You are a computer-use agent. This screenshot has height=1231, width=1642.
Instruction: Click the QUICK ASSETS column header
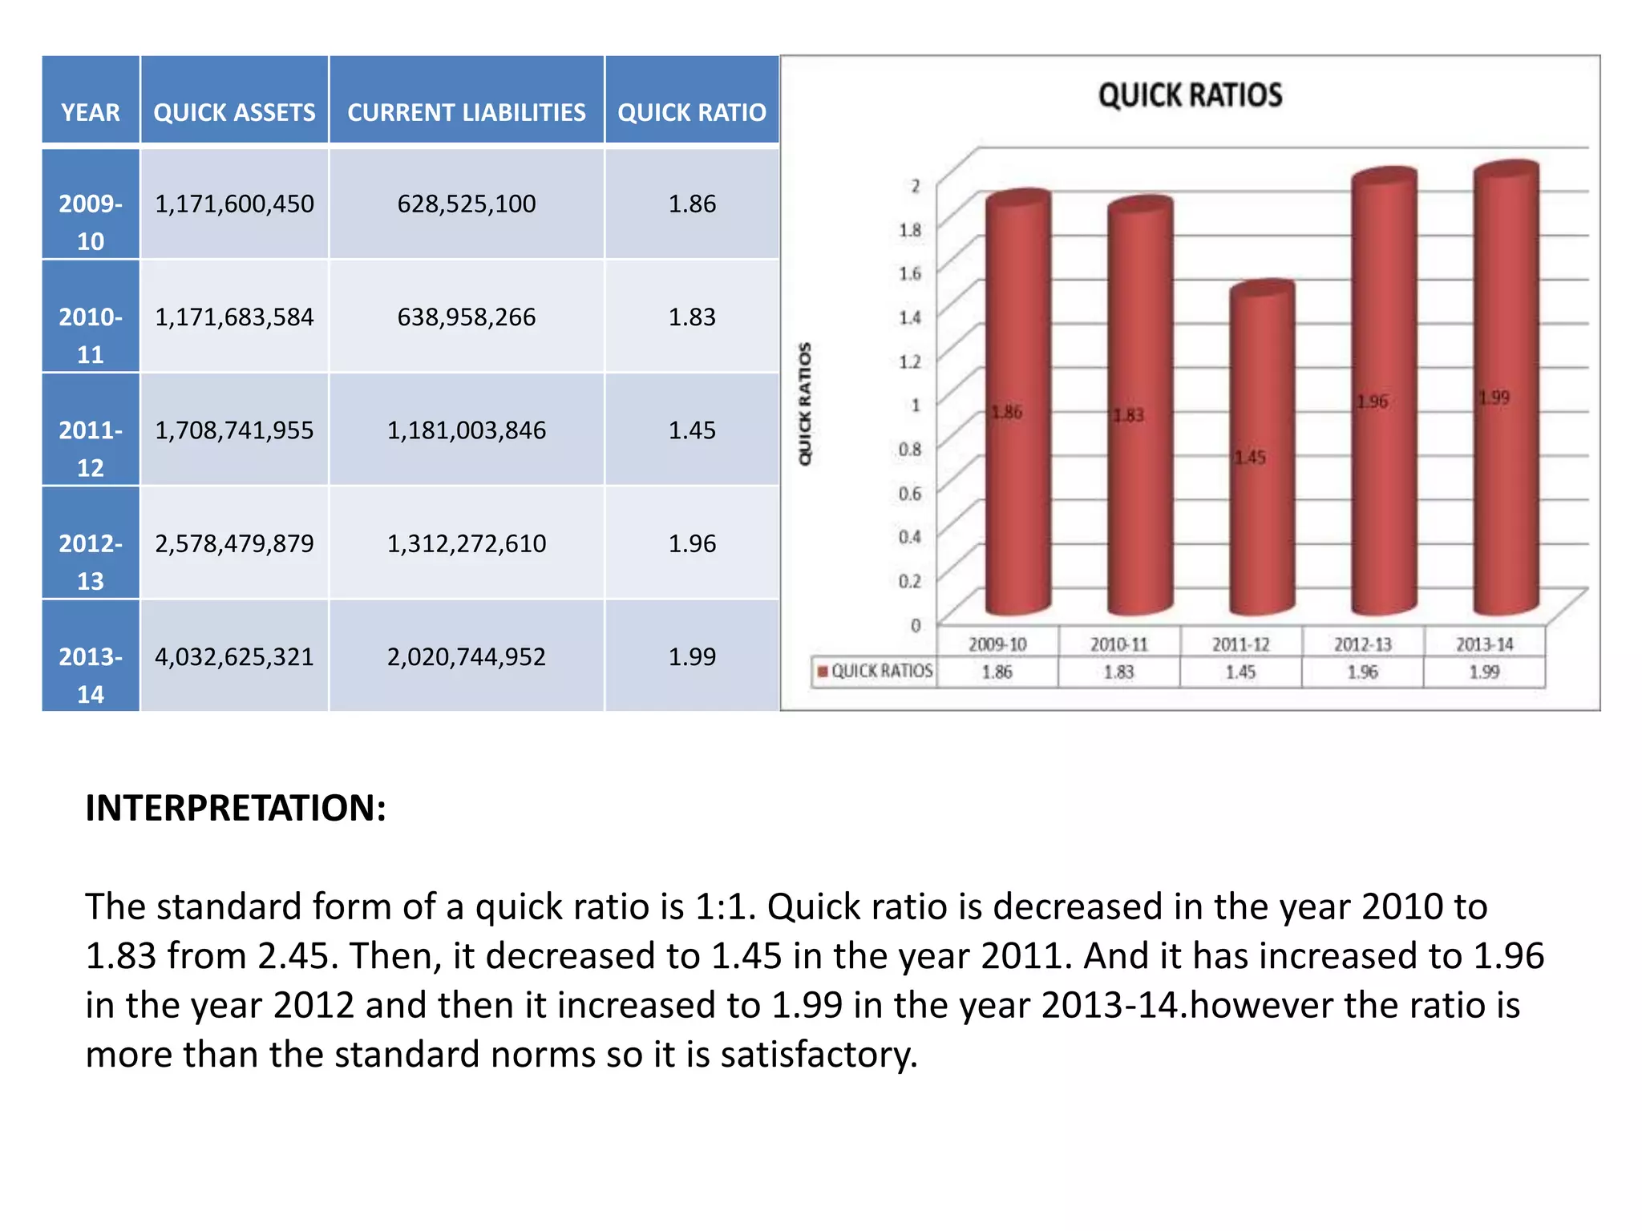pyautogui.click(x=234, y=112)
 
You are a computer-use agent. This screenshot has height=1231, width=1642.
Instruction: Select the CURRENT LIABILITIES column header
pyautogui.click(x=466, y=112)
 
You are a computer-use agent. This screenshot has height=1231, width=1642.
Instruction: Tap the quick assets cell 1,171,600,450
pyautogui.click(x=234, y=204)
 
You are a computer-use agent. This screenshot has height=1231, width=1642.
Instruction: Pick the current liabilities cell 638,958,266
pyautogui.click(x=466, y=317)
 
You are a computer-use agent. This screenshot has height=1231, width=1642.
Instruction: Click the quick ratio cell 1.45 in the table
pyautogui.click(x=692, y=430)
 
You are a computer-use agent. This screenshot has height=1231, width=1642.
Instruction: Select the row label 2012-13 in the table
pyautogui.click(x=91, y=561)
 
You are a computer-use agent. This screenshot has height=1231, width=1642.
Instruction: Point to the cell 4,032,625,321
pyautogui.click(x=234, y=657)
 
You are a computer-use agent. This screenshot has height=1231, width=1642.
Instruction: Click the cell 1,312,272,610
pyautogui.click(x=466, y=543)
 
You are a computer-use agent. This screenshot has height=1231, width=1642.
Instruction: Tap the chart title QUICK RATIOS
pyautogui.click(x=1190, y=95)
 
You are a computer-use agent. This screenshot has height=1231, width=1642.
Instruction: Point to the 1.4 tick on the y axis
pyautogui.click(x=909, y=318)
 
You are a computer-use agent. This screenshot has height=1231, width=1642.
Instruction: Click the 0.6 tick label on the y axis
pyautogui.click(x=909, y=494)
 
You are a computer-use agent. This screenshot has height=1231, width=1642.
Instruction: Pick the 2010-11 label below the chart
pyautogui.click(x=1118, y=644)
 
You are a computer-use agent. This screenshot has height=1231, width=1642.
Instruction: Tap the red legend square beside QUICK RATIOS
pyautogui.click(x=822, y=671)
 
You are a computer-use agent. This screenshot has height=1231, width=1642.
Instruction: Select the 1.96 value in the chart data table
pyautogui.click(x=1362, y=672)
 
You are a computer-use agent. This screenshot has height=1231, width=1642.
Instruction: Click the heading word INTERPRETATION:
pyautogui.click(x=236, y=808)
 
